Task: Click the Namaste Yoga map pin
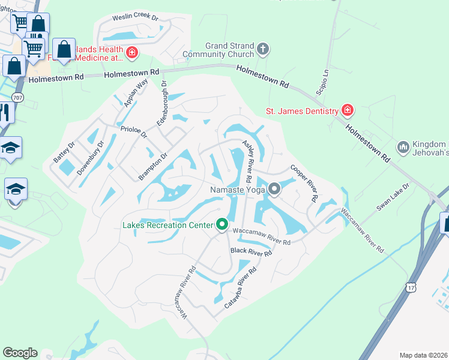pos(274,190)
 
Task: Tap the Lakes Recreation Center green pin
pos(222,225)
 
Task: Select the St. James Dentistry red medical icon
pos(347,110)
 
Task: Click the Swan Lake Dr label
pos(392,196)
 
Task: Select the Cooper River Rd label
pos(304,182)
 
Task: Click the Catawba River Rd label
pos(240,288)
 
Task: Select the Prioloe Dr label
pos(134,131)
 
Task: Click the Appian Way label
pos(136,94)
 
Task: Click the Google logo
pos(20,353)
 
